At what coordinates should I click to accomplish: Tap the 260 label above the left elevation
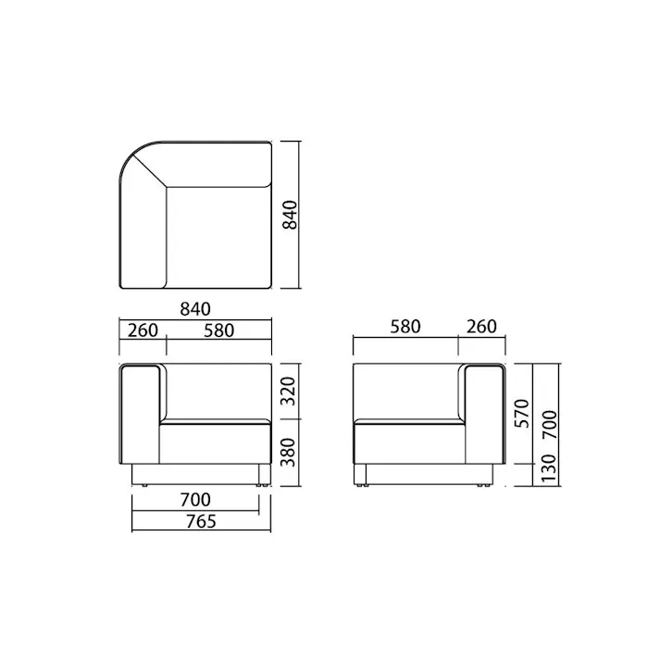point(143,330)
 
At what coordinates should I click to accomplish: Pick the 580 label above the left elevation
point(218,330)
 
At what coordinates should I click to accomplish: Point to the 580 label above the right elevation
point(405,327)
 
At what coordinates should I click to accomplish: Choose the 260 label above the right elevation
point(481,327)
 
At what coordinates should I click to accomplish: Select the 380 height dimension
point(290,451)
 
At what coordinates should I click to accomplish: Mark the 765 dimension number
point(200,521)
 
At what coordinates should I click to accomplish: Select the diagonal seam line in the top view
point(147,168)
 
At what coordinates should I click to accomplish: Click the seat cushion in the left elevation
point(216,442)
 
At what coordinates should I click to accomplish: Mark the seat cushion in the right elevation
point(407,442)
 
